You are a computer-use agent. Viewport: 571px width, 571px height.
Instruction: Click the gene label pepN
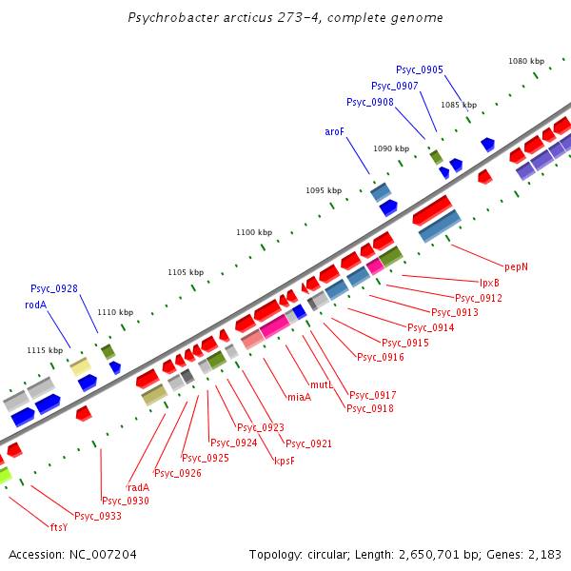(x=516, y=266)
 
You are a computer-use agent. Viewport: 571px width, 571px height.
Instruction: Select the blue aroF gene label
(x=335, y=132)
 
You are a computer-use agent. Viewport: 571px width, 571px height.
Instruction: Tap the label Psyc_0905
(x=420, y=69)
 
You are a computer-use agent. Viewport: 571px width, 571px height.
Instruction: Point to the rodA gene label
(x=35, y=305)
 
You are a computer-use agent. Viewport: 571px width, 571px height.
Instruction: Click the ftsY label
(x=59, y=526)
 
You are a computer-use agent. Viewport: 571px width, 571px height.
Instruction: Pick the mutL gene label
(x=322, y=384)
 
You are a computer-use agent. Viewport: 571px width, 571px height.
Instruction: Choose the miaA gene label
(x=299, y=397)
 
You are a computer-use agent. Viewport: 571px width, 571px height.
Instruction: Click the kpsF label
(x=285, y=460)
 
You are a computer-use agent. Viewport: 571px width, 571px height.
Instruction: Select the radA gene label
(x=138, y=486)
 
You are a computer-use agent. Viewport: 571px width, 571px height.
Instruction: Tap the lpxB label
(x=489, y=282)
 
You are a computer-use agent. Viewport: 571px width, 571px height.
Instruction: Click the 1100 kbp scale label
(x=254, y=232)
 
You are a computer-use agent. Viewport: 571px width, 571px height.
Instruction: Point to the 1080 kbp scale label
(x=525, y=61)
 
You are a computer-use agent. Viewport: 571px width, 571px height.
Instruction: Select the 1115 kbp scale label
(x=45, y=350)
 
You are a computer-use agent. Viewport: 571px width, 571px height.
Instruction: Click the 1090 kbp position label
(x=390, y=148)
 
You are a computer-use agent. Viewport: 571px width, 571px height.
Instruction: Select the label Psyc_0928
(x=54, y=288)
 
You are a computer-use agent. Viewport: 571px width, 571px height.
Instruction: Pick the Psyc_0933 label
(x=98, y=516)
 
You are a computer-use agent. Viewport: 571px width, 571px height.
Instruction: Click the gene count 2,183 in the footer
(x=544, y=554)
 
